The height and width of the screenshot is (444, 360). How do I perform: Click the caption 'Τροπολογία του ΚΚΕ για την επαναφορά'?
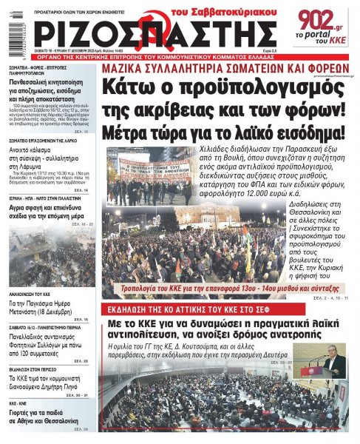(185, 285)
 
